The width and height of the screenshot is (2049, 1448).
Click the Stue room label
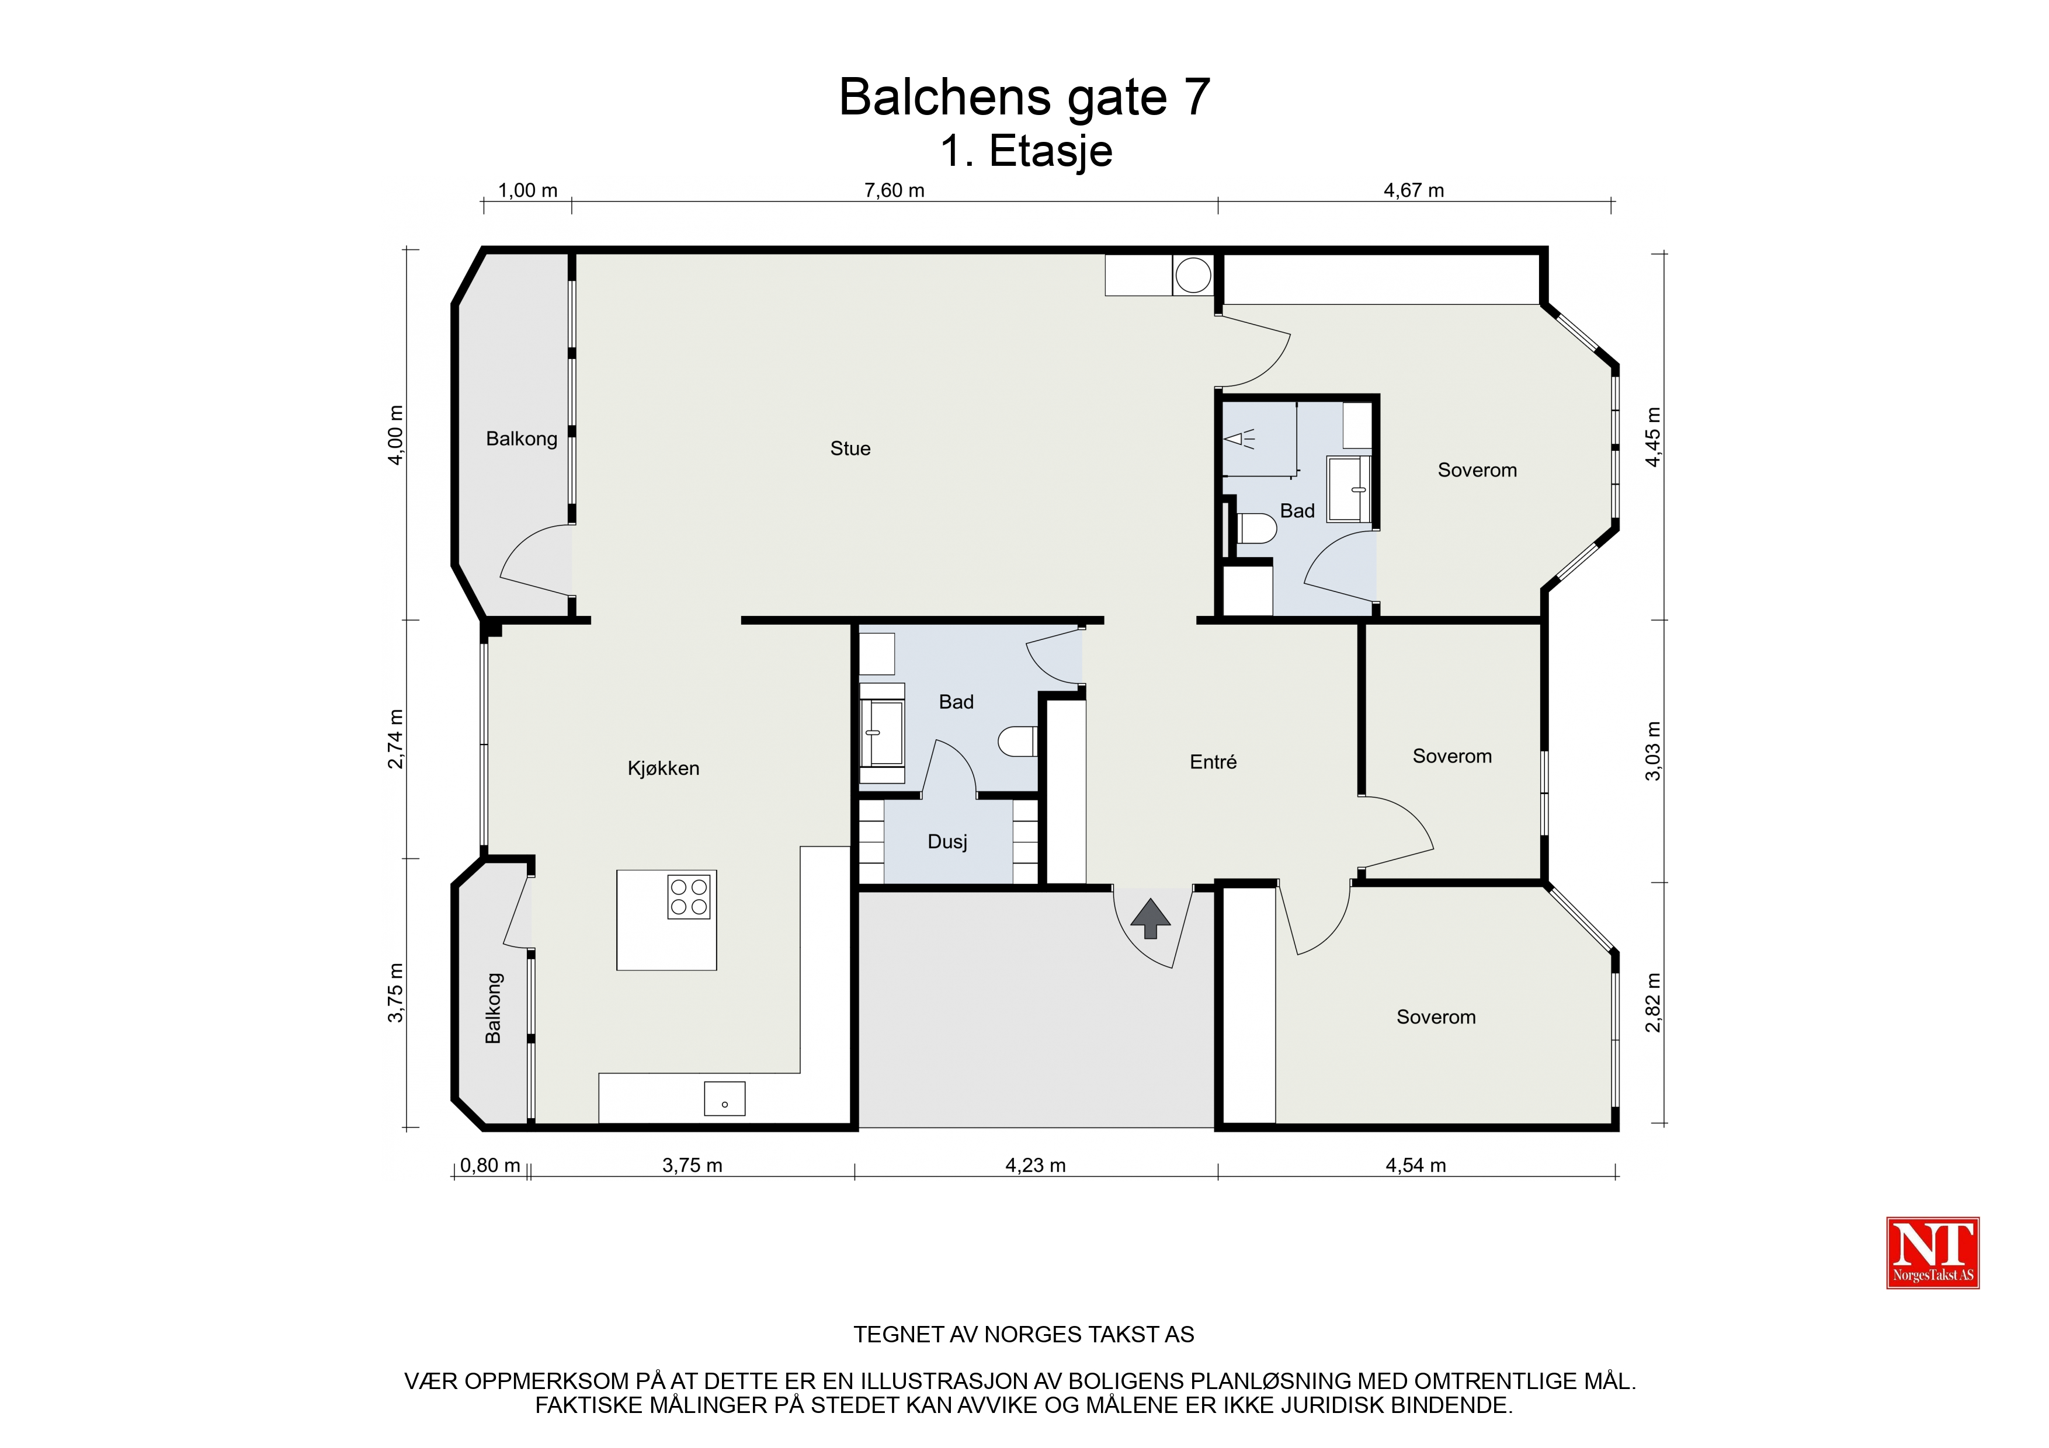850,449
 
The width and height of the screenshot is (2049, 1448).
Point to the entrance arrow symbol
1150,918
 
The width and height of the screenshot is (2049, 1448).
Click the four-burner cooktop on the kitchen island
689,897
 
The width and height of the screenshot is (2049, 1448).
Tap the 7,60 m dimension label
894,190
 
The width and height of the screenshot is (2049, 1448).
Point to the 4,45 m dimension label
1653,436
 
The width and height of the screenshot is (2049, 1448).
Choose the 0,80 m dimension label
490,1165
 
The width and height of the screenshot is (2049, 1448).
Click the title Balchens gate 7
1024,98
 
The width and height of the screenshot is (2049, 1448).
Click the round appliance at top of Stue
1193,276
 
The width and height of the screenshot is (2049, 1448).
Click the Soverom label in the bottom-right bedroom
1436,1017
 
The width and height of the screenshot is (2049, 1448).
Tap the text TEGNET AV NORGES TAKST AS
1023,1335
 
